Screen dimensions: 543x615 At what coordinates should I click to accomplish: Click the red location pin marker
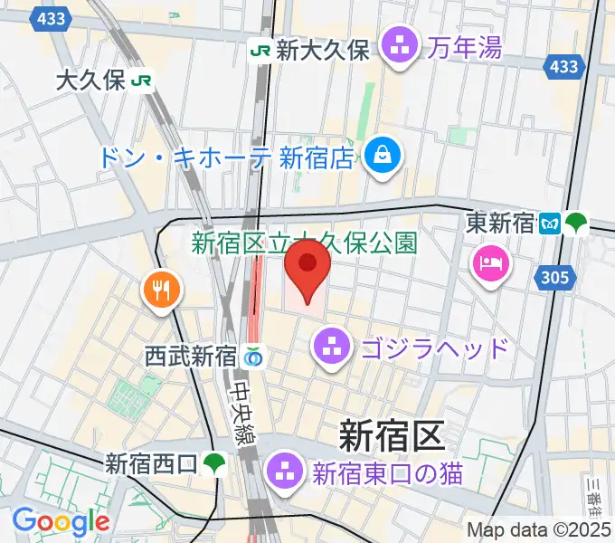point(307,274)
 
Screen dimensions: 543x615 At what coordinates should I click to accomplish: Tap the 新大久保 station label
point(323,51)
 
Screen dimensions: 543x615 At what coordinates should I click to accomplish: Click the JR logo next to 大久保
point(141,81)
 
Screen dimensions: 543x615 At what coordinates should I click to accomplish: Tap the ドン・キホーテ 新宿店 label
point(225,158)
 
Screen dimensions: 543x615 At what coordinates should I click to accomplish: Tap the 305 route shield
point(556,278)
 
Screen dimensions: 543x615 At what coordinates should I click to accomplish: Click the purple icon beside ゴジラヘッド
point(333,347)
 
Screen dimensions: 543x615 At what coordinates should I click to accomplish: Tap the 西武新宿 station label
point(190,357)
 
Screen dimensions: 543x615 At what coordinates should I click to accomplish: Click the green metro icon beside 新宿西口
point(214,464)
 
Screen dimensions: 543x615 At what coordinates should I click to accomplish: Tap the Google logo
point(60,522)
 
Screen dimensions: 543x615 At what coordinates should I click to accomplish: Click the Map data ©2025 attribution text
point(539,529)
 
